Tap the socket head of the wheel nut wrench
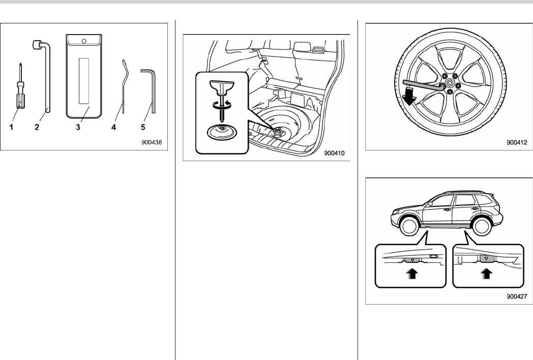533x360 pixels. point(37,44)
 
